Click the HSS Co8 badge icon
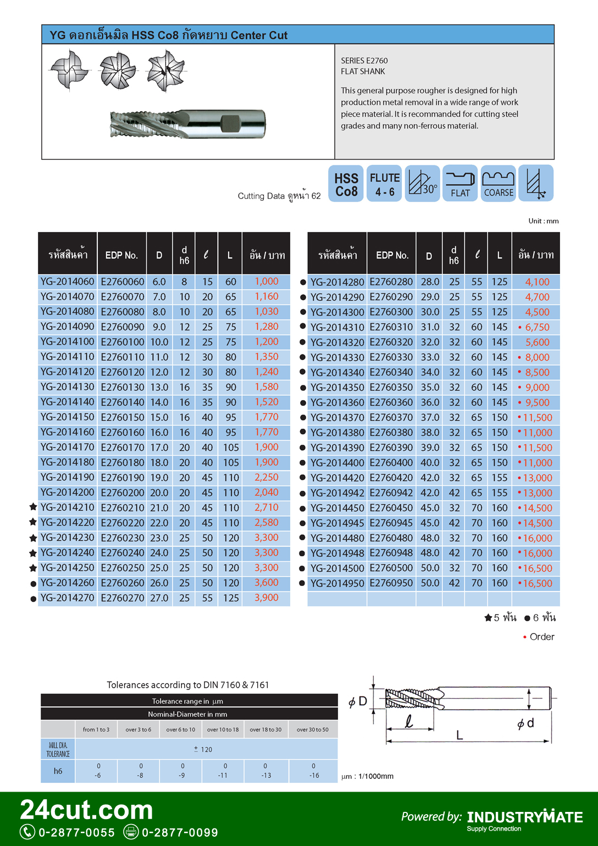(346, 184)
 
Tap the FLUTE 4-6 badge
(385, 184)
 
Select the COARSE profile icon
(499, 184)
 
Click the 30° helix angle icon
(422, 184)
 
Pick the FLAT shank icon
(460, 184)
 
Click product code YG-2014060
(67, 281)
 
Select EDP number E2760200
(122, 493)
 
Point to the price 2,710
(267, 507)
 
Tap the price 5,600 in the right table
(538, 342)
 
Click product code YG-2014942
(337, 493)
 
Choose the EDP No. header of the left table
(121, 255)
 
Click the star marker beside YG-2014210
(33, 507)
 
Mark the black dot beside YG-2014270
(33, 599)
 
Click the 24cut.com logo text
(86, 810)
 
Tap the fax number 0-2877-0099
(180, 832)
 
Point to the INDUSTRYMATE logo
(525, 817)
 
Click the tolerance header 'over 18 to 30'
(265, 729)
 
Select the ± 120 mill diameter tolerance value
(203, 749)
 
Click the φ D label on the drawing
(358, 701)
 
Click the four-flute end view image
(69, 70)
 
